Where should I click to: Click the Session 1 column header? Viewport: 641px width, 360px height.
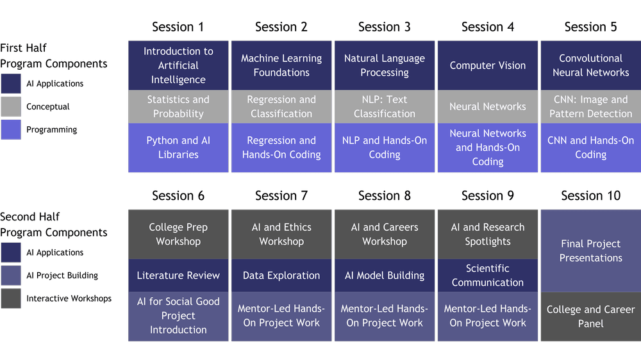[178, 27]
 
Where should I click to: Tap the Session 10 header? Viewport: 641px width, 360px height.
[590, 195]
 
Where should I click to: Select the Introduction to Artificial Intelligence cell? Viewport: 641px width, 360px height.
[178, 65]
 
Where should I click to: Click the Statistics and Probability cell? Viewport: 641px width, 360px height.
[178, 106]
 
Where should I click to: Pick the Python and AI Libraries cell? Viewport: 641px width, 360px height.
[178, 147]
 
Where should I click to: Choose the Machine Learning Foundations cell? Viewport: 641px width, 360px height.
[281, 65]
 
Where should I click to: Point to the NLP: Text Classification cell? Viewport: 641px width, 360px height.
[385, 106]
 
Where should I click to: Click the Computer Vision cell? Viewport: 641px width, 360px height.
[488, 65]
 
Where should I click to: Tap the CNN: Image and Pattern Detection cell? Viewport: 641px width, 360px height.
[590, 106]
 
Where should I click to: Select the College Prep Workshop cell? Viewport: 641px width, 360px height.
[178, 234]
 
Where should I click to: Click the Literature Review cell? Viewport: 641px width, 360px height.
[178, 275]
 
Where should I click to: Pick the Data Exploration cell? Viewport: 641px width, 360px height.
[281, 275]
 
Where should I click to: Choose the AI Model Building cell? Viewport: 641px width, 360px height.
[385, 275]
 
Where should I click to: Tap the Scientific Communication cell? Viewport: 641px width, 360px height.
[488, 275]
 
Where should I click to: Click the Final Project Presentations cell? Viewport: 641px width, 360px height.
[590, 250]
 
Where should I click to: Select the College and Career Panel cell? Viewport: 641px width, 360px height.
[590, 316]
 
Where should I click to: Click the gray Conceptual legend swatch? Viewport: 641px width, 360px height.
[11, 107]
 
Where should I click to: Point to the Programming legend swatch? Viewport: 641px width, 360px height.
[11, 130]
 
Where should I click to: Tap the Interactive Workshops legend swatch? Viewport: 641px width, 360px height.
[11, 299]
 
